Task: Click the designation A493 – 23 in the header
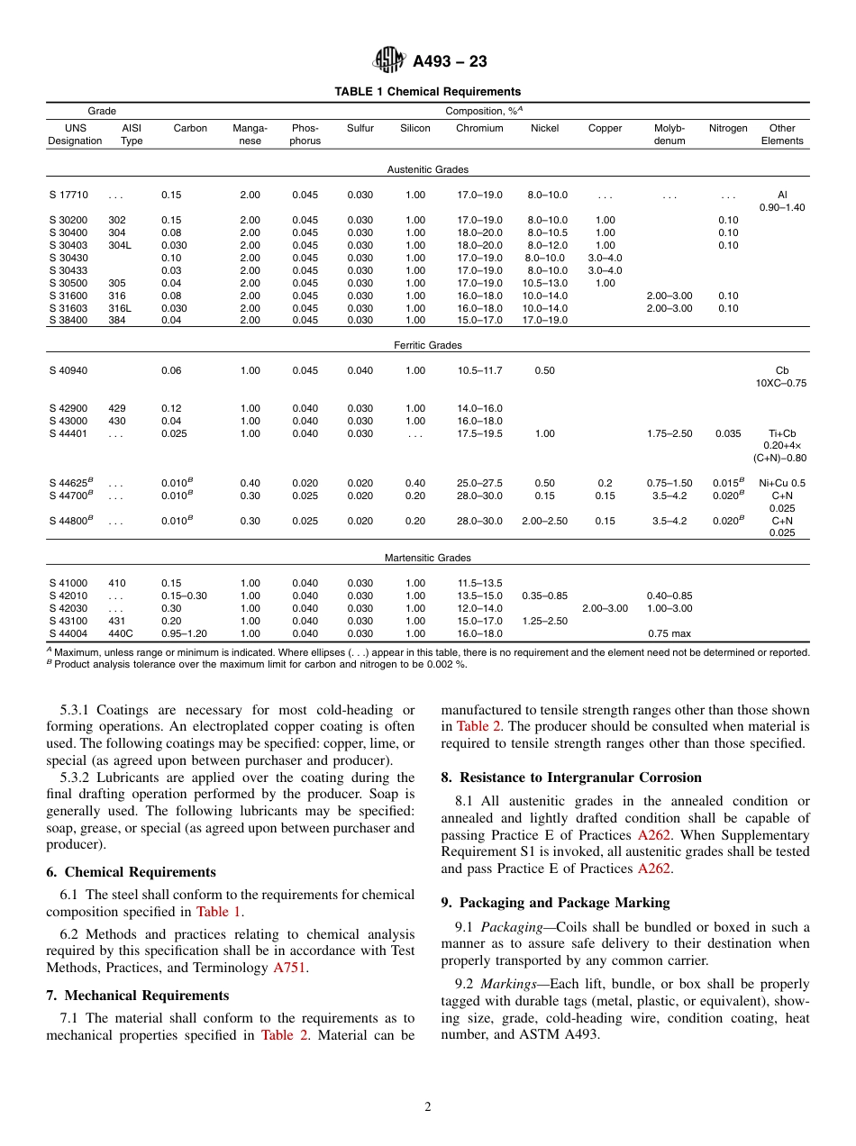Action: pos(450,61)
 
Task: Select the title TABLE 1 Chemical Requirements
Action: pos(427,92)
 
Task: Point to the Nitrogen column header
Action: pos(728,129)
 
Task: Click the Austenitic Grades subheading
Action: pos(427,169)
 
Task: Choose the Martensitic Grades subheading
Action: pos(427,558)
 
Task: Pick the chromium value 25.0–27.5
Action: pos(479,483)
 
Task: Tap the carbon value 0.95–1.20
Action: pos(184,633)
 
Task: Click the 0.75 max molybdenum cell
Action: pos(669,633)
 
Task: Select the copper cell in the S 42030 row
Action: pos(605,608)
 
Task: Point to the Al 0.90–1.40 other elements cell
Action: pos(781,201)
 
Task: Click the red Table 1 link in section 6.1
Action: pos(218,912)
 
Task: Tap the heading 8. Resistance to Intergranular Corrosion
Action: pos(571,778)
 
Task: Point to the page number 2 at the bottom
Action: pos(428,1107)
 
